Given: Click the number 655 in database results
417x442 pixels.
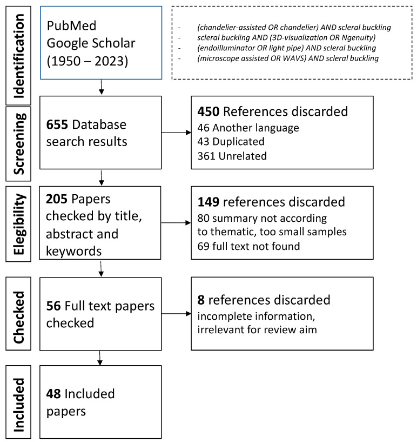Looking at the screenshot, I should click(57, 124).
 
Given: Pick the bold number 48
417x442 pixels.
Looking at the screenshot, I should click(54, 393).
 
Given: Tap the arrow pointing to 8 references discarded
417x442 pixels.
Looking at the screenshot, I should click(176, 313).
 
